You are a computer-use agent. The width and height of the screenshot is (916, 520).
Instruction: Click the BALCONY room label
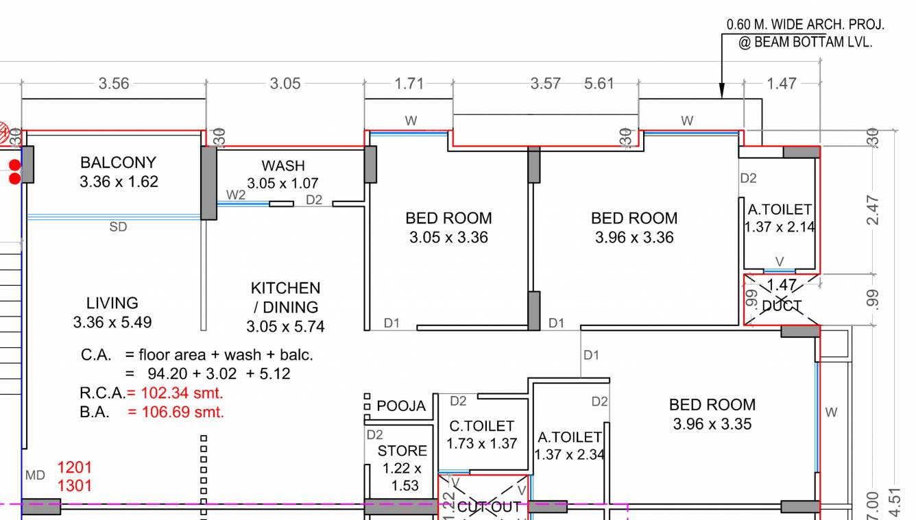coord(118,163)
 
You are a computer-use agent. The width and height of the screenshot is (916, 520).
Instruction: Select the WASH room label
coord(282,166)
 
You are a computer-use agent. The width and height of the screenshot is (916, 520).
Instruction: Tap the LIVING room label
coord(112,303)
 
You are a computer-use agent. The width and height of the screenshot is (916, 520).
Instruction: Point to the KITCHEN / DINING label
coord(285,297)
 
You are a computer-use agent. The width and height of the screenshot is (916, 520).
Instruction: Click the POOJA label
coord(401,406)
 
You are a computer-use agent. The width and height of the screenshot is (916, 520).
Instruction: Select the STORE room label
coord(402,451)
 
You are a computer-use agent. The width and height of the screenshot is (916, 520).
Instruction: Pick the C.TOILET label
coord(481,426)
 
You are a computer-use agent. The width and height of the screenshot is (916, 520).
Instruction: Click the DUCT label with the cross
coord(782,306)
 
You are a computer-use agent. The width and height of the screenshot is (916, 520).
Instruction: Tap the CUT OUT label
coord(489,508)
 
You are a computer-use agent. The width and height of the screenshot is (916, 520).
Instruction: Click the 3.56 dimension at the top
coord(114,84)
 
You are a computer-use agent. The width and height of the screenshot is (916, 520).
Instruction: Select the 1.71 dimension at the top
coord(409,84)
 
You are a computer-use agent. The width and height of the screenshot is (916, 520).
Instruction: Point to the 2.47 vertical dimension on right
coord(873,211)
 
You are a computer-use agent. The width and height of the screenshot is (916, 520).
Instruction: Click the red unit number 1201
coord(74,467)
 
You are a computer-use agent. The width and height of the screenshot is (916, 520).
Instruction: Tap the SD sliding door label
coord(118,227)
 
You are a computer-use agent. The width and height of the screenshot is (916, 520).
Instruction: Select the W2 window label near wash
coord(236,195)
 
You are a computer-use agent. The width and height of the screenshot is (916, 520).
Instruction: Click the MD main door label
coord(35,475)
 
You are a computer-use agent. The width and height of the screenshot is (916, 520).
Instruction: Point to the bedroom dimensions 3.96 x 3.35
coord(712,424)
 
